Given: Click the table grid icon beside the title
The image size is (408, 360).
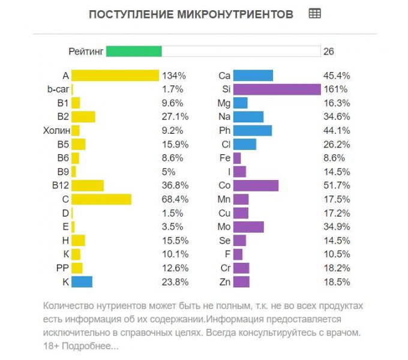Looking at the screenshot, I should (314, 13).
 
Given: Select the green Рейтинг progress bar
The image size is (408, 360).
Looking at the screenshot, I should (134, 51).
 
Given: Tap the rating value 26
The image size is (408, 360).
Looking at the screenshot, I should (328, 52).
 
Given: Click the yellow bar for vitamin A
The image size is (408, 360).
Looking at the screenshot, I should (115, 76).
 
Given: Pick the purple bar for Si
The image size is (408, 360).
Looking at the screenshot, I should (277, 89).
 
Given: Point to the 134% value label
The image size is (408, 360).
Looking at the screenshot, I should (174, 76).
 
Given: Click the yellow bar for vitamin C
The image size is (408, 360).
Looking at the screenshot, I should (101, 199).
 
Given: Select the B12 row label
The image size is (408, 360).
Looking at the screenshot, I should (61, 185).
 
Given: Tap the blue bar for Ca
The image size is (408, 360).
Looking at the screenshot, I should (253, 76).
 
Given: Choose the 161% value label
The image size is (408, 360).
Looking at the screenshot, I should (335, 89).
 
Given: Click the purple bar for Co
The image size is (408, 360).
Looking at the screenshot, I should (256, 185).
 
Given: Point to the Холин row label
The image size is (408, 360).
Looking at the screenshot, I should (57, 130).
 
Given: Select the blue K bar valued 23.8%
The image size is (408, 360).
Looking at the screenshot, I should (82, 281).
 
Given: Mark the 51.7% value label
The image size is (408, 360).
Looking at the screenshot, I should (337, 185).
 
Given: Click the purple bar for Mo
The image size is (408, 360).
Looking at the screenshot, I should (248, 227).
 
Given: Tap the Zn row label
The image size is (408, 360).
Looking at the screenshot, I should (224, 281).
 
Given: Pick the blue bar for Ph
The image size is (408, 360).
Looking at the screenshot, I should (252, 130).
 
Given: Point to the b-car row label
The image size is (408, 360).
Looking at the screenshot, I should (59, 89).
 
